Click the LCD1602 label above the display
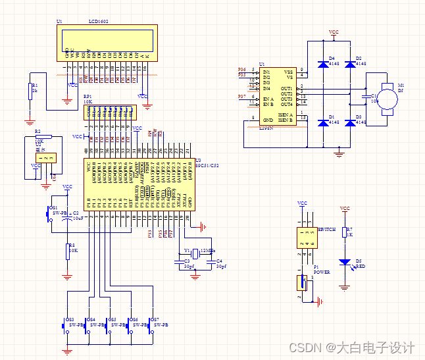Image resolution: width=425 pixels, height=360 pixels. click(99, 22)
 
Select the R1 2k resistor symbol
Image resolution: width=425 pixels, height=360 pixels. click(29, 91)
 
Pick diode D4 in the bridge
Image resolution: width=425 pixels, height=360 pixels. click(323, 64)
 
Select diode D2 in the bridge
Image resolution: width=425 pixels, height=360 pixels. click(350, 64)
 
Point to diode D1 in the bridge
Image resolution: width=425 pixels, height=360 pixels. click(323, 122)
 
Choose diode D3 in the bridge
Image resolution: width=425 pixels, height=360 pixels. click(350, 122)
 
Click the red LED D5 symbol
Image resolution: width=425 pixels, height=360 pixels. click(344, 262)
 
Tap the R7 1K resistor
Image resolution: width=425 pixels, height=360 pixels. click(344, 232)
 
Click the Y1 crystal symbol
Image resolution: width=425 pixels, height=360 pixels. click(195, 252)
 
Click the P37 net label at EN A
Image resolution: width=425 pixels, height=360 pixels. click(241, 97)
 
